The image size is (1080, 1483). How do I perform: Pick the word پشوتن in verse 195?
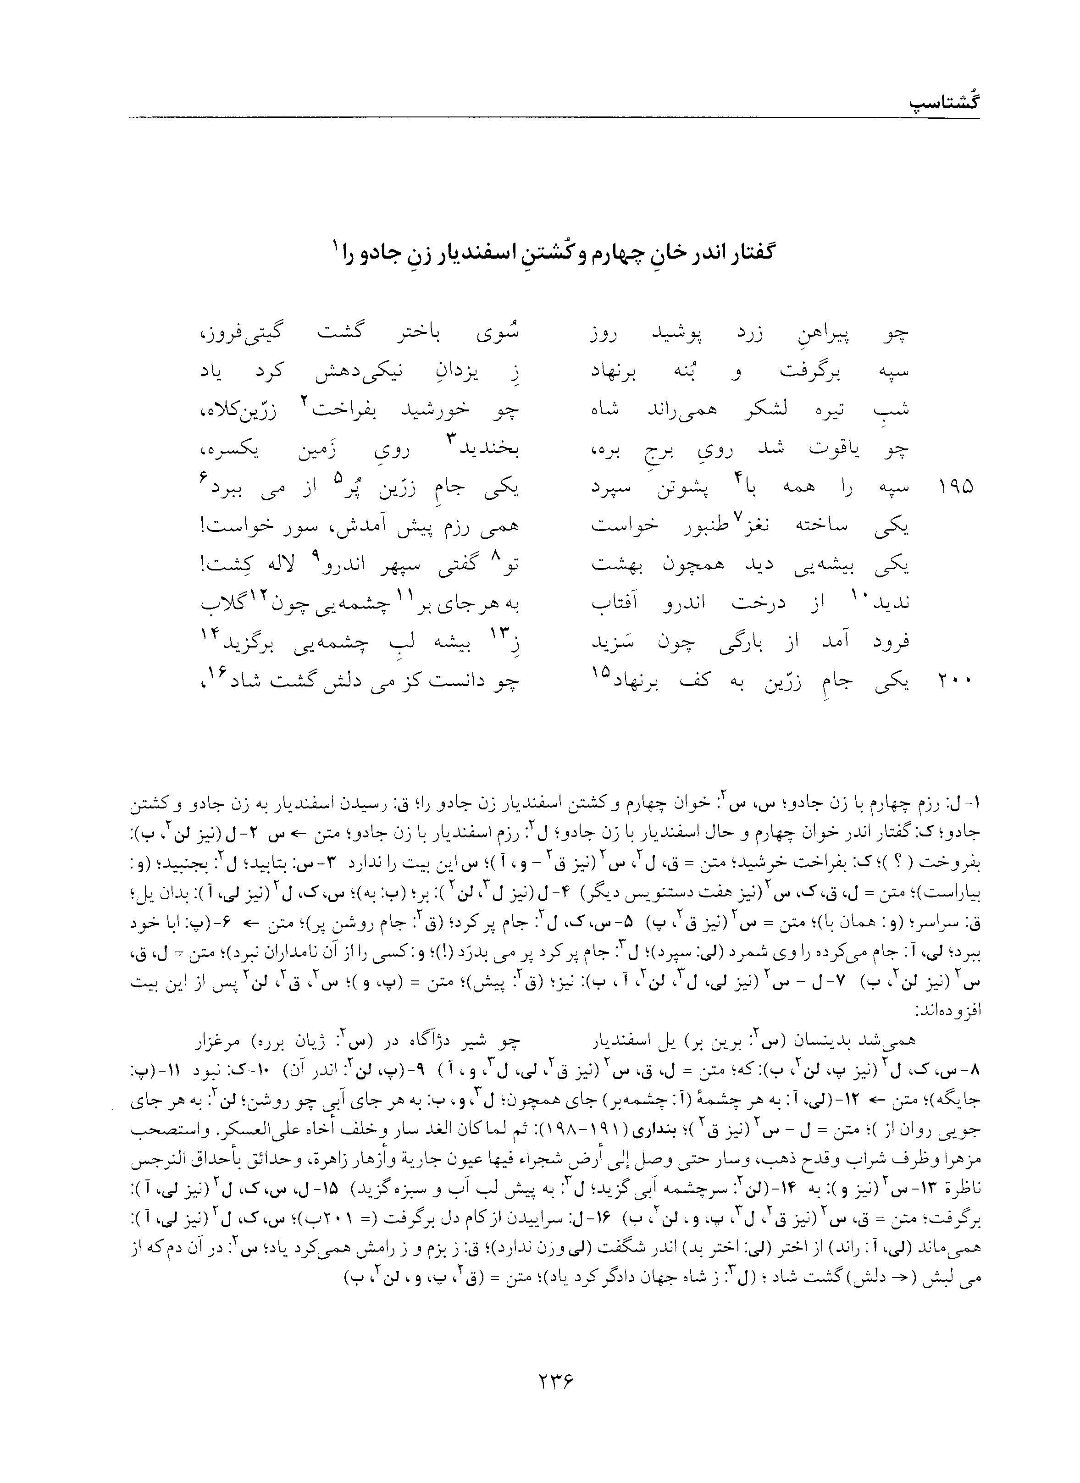pos(689,488)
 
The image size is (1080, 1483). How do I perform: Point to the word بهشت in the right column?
pos(613,565)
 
